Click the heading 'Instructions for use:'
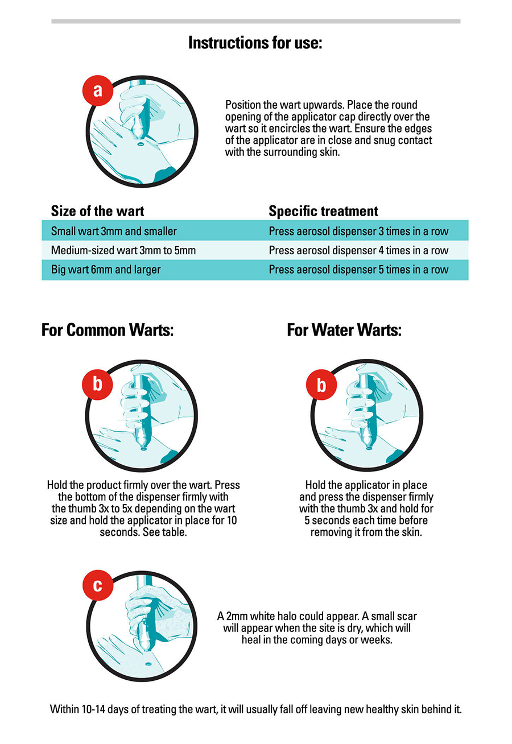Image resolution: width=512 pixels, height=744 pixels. click(x=255, y=43)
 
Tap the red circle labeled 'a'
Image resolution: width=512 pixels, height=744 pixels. click(x=98, y=90)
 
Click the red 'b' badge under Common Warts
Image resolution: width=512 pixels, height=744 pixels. click(x=97, y=384)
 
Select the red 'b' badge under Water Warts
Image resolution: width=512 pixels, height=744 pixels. click(x=321, y=385)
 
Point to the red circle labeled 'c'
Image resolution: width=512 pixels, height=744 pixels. click(x=98, y=585)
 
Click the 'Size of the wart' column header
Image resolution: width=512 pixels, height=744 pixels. click(x=97, y=211)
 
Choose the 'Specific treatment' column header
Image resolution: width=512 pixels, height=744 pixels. click(x=323, y=211)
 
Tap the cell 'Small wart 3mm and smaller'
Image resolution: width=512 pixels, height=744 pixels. click(x=114, y=231)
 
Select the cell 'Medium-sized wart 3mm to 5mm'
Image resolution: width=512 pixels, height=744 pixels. click(x=123, y=250)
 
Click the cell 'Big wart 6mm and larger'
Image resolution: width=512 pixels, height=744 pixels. click(x=106, y=270)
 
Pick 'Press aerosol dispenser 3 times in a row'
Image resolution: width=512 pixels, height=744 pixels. click(x=358, y=231)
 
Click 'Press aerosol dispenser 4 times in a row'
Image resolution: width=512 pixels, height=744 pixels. click(x=358, y=250)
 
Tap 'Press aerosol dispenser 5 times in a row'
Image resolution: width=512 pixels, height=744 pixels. click(x=358, y=270)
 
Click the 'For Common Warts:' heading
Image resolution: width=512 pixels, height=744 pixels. click(x=108, y=330)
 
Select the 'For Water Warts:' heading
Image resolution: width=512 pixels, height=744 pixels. click(x=344, y=330)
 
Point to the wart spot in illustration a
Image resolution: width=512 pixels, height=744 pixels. click(x=140, y=144)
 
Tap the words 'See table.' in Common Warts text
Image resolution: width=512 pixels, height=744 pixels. click(x=165, y=532)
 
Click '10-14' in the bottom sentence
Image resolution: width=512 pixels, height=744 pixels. click(x=93, y=709)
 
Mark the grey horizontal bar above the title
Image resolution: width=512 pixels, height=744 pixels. click(x=256, y=21)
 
